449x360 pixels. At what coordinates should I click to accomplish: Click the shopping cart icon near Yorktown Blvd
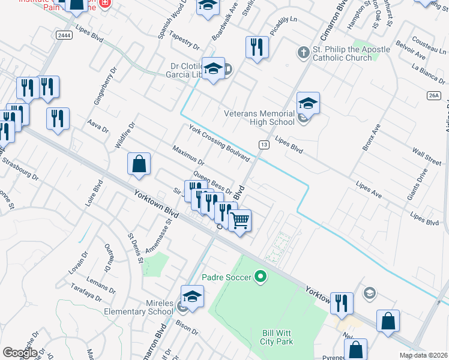tap(241, 220)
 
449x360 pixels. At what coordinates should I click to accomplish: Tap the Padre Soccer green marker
tap(260, 277)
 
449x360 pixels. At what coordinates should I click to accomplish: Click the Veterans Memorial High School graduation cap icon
tap(308, 103)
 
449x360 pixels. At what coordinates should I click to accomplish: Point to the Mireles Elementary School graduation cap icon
tap(192, 296)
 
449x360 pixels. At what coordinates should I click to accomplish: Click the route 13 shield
tap(264, 145)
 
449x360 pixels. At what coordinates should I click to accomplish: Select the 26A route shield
tap(435, 95)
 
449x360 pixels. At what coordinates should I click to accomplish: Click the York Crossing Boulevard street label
tap(219, 143)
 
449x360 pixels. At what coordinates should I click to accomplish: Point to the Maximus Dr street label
tap(188, 155)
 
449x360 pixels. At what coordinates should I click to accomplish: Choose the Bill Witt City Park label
tap(277, 337)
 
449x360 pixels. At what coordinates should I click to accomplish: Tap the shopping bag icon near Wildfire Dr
tap(139, 164)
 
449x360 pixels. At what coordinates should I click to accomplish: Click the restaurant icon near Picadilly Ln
tap(257, 47)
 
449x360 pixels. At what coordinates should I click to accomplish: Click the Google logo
tap(20, 353)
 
